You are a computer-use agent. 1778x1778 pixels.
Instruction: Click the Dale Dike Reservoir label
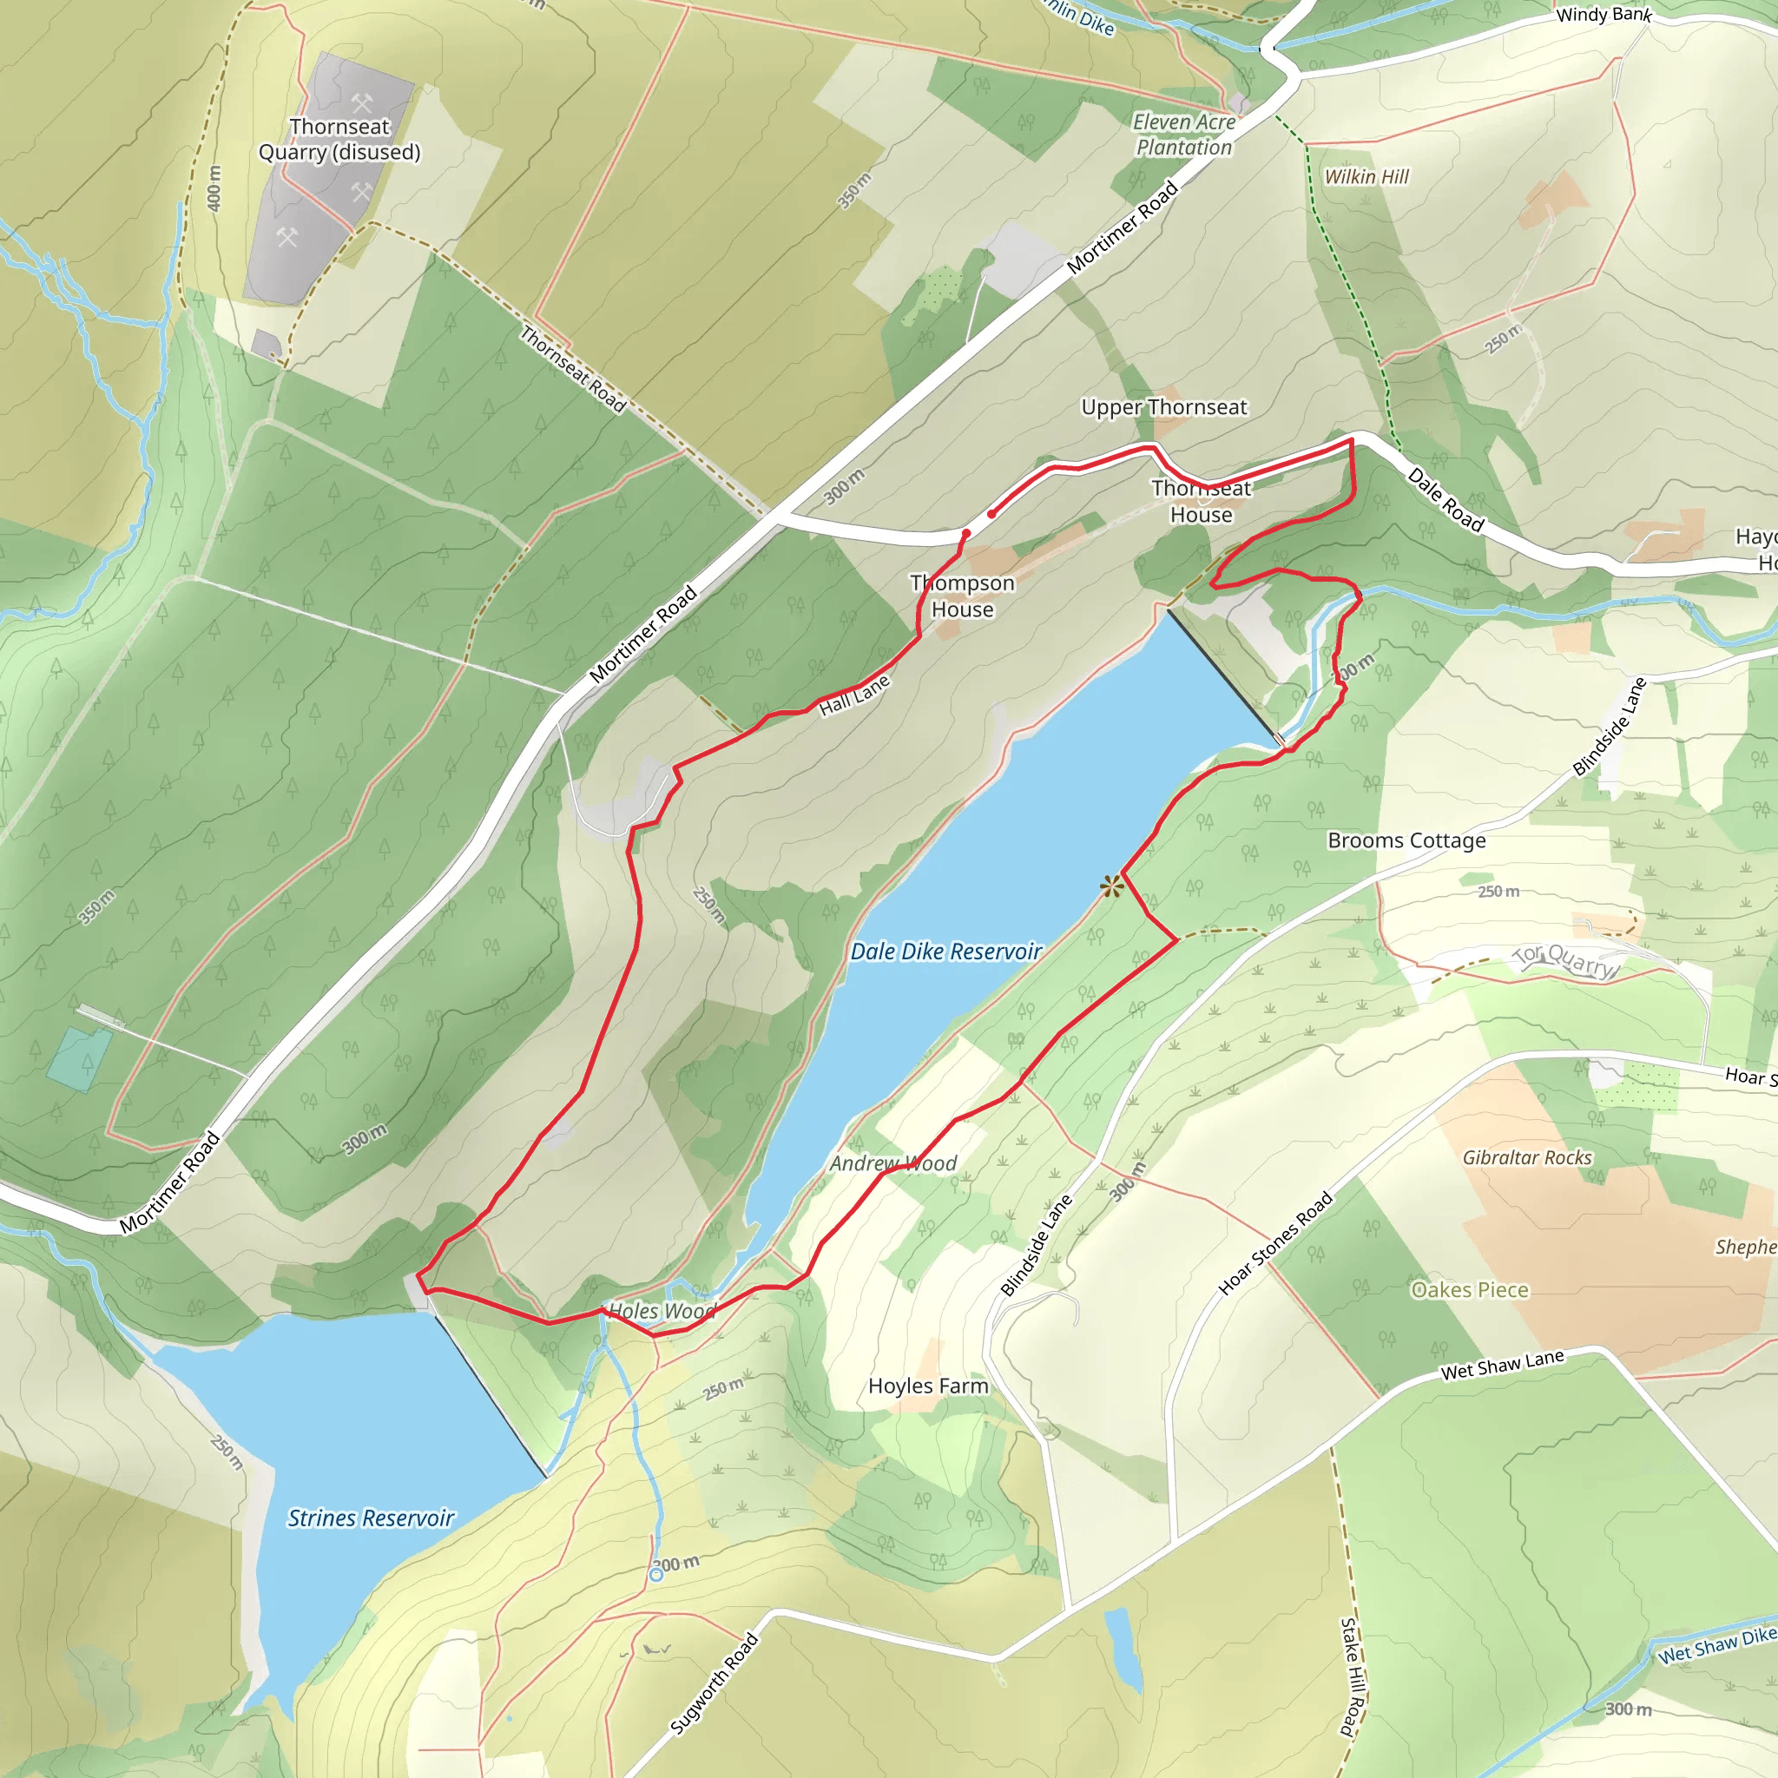pos(945,952)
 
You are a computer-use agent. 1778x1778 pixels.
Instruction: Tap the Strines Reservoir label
pos(371,1518)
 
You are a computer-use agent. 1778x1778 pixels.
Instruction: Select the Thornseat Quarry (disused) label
pos(339,139)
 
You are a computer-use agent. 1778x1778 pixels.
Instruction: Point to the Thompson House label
pos(962,596)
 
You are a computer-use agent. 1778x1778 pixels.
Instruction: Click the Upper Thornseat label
pos(1163,407)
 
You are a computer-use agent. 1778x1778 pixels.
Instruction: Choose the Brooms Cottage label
pos(1406,840)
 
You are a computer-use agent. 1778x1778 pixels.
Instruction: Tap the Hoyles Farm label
pos(928,1386)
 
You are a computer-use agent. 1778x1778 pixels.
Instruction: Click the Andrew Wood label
pos(892,1163)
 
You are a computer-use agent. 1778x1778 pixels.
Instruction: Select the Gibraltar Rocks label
pos(1527,1158)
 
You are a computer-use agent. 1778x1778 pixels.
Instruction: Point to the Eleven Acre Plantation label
pos(1183,135)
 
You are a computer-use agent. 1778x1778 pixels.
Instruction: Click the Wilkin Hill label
pos(1366,177)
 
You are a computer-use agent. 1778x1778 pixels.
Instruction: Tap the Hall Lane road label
pos(854,695)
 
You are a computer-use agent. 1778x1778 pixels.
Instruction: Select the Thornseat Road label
pos(572,369)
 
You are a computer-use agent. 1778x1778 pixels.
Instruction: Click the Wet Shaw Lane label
pos(1502,1365)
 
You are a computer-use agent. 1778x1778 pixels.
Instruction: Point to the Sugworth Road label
pos(714,1683)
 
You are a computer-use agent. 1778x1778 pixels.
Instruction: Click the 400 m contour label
pos(214,188)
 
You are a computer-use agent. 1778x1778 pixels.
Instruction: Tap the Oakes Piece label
pos(1469,1289)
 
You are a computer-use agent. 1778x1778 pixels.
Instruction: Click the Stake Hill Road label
pos(1349,1676)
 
